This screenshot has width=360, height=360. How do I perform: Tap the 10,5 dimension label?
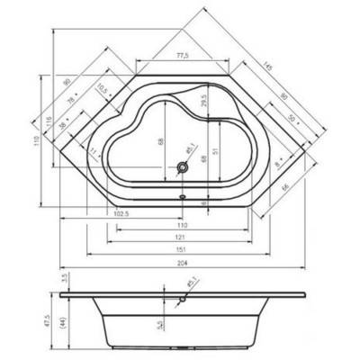(103, 88)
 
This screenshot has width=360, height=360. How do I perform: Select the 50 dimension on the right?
(291, 117)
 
